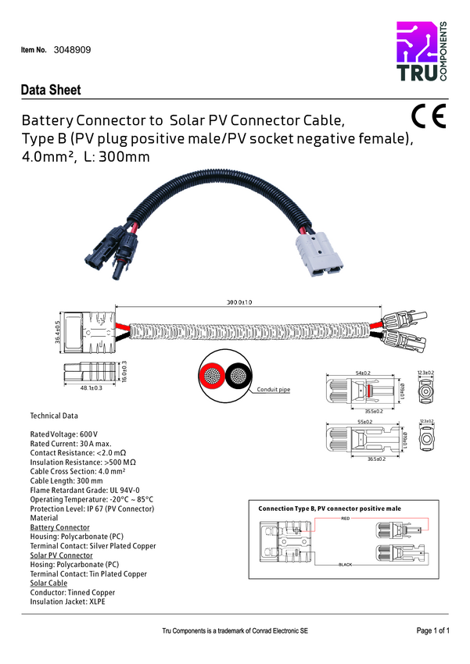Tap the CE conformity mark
tap(428, 116)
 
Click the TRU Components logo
tap(422, 52)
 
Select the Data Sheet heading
tap(51, 90)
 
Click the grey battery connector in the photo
tap(318, 254)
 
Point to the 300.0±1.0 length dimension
tap(239, 302)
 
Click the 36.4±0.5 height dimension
tap(57, 332)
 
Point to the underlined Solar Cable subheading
tap(48, 584)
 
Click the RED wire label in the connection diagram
tap(345, 519)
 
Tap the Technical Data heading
tap(54, 416)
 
